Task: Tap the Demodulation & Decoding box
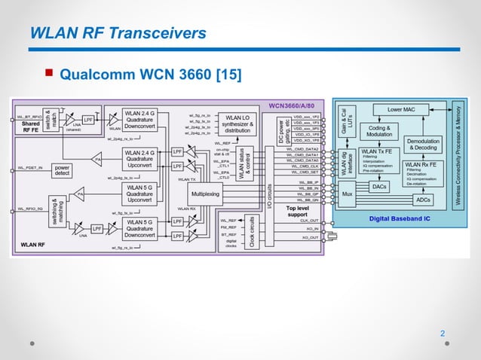click(423, 143)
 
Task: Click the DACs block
click(381, 187)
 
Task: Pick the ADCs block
click(423, 200)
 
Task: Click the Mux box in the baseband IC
click(347, 194)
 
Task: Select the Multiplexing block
click(205, 194)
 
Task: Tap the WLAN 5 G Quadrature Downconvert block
click(142, 227)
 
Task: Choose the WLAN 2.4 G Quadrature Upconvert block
click(142, 159)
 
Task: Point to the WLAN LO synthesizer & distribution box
click(237, 124)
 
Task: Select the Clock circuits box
click(252, 231)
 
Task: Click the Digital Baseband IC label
click(400, 218)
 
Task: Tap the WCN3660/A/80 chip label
click(296, 105)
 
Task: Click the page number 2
click(443, 333)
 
